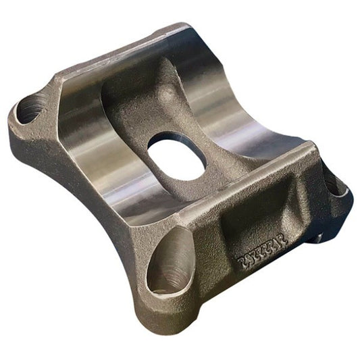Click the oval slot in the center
tap(176, 155)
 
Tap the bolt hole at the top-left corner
tap(30, 108)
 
